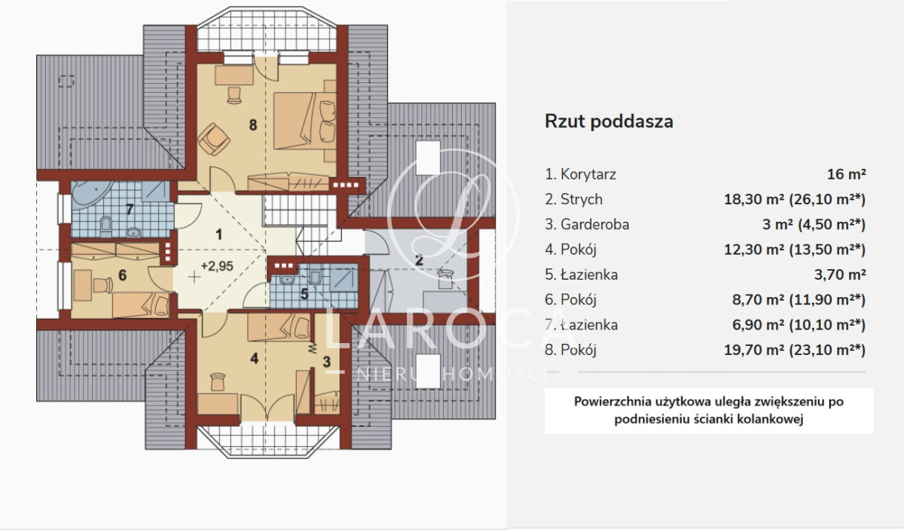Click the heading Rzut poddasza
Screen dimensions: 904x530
pyautogui.click(x=609, y=121)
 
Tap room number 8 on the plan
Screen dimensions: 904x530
pyautogui.click(x=253, y=125)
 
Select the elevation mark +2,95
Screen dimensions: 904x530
pyautogui.click(x=217, y=266)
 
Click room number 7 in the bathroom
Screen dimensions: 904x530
pyautogui.click(x=129, y=210)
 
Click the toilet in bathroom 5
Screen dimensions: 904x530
pyautogui.click(x=315, y=277)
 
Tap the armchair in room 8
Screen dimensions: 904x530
pyautogui.click(x=213, y=139)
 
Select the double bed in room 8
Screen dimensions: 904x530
pyautogui.click(x=304, y=121)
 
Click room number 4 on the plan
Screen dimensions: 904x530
pyautogui.click(x=254, y=358)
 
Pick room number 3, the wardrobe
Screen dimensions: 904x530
pyautogui.click(x=326, y=362)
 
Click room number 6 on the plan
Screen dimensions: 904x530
pyautogui.click(x=122, y=275)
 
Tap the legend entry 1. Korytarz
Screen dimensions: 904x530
pyautogui.click(x=580, y=174)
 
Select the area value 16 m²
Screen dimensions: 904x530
pyautogui.click(x=846, y=174)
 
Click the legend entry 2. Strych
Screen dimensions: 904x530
pyautogui.click(x=574, y=199)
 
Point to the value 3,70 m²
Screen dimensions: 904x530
pyautogui.click(x=840, y=274)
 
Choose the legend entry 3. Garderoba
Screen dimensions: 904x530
pyautogui.click(x=587, y=224)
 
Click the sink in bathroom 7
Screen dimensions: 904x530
pyautogui.click(x=133, y=232)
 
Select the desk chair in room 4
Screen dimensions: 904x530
pyautogui.click(x=218, y=381)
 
